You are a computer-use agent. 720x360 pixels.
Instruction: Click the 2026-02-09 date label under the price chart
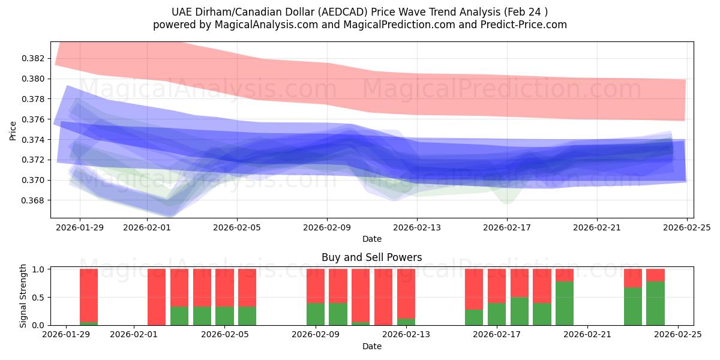point(327,228)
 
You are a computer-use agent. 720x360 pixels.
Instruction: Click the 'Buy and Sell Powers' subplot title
point(371,257)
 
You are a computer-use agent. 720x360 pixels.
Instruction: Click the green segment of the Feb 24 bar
point(655,304)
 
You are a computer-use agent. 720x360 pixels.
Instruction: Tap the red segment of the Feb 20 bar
point(565,275)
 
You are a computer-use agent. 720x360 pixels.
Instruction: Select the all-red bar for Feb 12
point(383,297)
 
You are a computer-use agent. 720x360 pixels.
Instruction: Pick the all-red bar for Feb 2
point(157,297)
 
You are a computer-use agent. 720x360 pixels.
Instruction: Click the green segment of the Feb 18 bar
point(520,311)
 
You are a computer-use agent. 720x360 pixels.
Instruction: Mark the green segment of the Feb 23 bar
point(633,307)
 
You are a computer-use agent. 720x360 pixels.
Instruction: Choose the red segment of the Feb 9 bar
point(316,286)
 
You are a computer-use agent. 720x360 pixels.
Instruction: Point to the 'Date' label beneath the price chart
point(371,239)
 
